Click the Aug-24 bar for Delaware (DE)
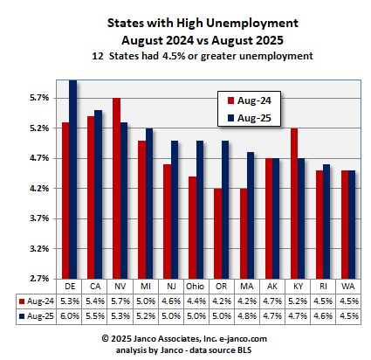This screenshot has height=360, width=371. pyautogui.click(x=65, y=201)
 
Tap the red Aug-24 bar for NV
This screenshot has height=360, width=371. pyautogui.click(x=116, y=189)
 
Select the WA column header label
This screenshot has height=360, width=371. pyautogui.click(x=348, y=286)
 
